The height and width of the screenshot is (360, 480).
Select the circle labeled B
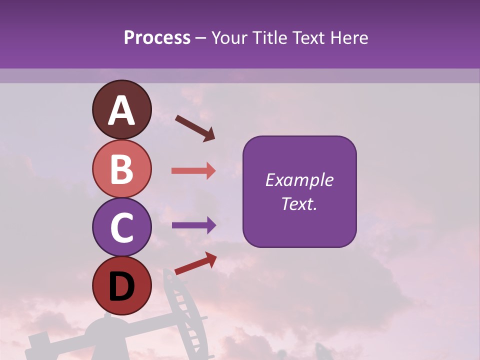click(x=121, y=169)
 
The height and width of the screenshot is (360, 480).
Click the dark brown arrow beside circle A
click(x=195, y=127)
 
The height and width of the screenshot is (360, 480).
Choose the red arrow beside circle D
click(x=195, y=263)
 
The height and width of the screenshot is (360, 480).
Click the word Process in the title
click(x=157, y=38)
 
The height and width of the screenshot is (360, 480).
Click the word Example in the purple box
click(x=299, y=180)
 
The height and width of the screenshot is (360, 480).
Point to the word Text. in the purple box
click(x=299, y=203)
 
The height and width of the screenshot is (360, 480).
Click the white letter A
click(x=121, y=111)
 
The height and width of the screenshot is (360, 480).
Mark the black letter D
click(x=121, y=287)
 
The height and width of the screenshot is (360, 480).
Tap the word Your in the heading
click(x=228, y=38)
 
